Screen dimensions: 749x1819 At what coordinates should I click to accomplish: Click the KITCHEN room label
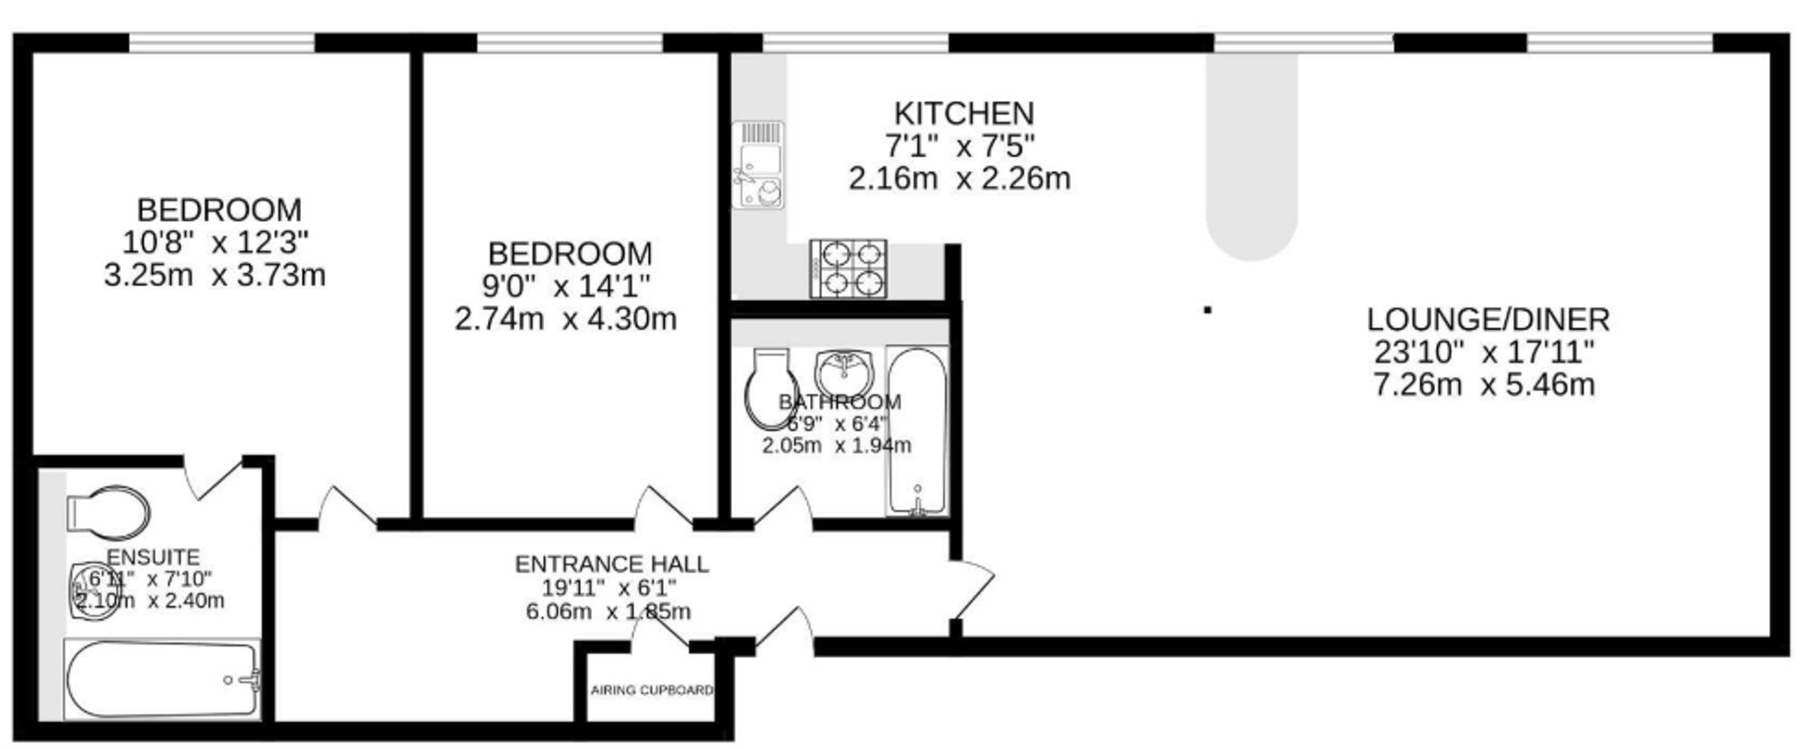pyautogui.click(x=964, y=114)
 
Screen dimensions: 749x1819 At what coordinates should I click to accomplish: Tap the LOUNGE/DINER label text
pyautogui.click(x=1488, y=320)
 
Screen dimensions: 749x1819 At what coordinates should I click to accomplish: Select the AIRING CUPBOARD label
pyautogui.click(x=651, y=690)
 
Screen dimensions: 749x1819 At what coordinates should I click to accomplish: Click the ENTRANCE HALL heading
pyautogui.click(x=611, y=564)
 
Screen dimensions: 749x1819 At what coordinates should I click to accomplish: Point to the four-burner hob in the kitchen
pyautogui.click(x=848, y=268)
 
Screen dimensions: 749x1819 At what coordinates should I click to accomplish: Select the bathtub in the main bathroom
pyautogui.click(x=917, y=431)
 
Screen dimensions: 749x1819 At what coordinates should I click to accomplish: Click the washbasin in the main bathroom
pyautogui.click(x=845, y=370)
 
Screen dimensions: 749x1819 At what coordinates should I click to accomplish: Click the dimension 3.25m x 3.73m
pyautogui.click(x=215, y=275)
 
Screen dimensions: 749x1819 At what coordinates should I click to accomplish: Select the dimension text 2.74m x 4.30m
pyautogui.click(x=565, y=320)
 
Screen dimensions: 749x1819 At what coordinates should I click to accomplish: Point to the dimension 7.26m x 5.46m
pyautogui.click(x=1483, y=384)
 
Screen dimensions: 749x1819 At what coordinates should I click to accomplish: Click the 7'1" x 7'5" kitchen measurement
pyautogui.click(x=960, y=145)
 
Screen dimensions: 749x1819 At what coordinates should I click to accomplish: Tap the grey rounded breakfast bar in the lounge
pyautogui.click(x=1251, y=155)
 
